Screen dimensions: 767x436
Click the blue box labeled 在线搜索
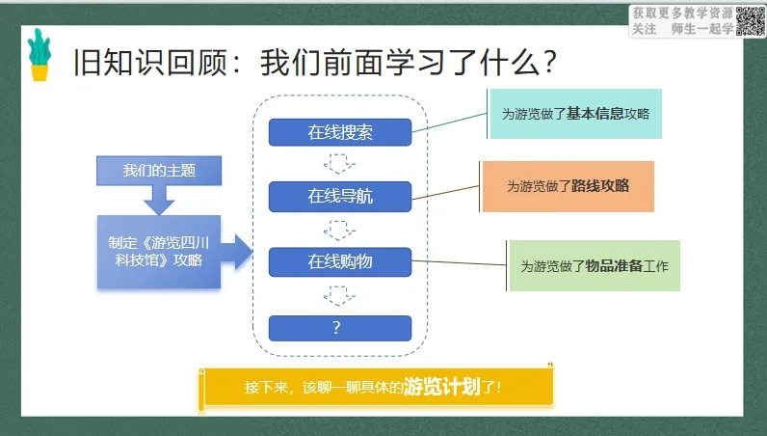[340, 132]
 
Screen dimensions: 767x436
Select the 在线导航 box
[340, 197]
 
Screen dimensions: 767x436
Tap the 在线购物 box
[340, 262]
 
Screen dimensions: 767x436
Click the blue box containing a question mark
[340, 328]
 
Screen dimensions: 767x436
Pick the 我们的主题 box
[159, 171]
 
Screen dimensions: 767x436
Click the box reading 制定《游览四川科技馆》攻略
[159, 252]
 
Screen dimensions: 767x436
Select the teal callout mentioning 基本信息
[576, 114]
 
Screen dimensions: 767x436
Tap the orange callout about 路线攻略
[568, 186]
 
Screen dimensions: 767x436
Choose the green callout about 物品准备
[595, 266]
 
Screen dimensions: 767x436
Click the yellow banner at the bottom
[377, 387]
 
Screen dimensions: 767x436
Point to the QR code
[751, 21]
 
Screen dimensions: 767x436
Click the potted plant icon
[40, 54]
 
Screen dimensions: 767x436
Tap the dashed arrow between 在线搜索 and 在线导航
[339, 164]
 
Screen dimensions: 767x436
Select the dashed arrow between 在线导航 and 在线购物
[339, 231]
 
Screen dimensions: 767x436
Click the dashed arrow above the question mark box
[339, 296]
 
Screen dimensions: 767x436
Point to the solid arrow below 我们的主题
[159, 200]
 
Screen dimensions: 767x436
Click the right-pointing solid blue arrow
[237, 252]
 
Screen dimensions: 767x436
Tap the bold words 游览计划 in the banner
[442, 387]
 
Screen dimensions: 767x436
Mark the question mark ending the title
[550, 62]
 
